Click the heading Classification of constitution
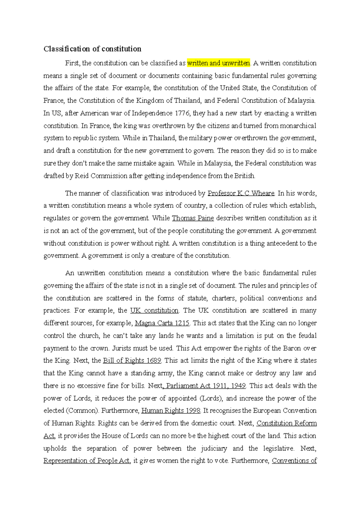point(92,49)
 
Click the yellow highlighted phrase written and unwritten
point(218,63)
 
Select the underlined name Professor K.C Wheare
point(241,193)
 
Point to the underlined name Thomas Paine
point(193,218)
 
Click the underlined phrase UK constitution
point(154,311)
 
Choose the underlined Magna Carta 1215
point(162,323)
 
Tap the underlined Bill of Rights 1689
point(132,361)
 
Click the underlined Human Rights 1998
point(171,411)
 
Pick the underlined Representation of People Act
point(86,461)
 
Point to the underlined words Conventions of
point(294,461)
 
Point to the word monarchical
point(298,126)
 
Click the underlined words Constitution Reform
point(286,423)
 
